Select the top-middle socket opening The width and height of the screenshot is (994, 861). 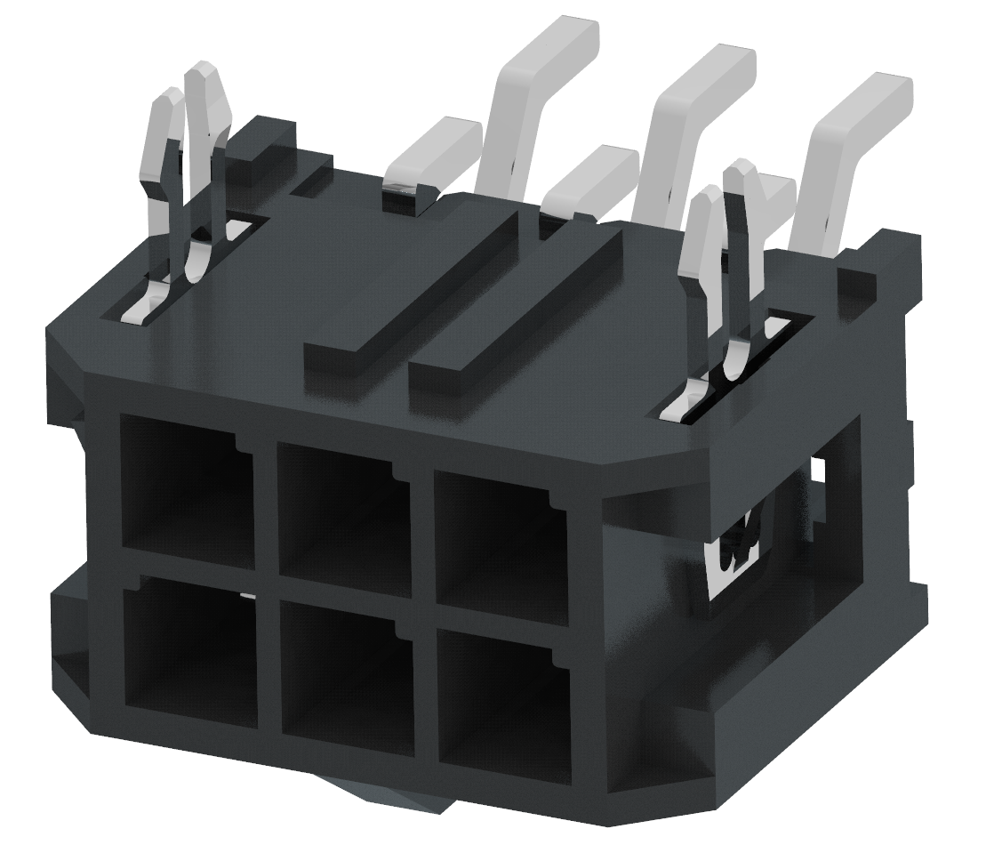coord(338,512)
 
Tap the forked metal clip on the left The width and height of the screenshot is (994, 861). coord(191,178)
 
